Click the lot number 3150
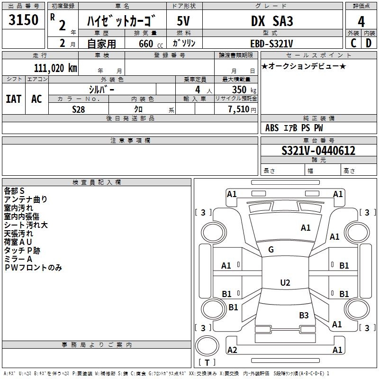23,19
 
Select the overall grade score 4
361,22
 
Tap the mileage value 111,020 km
55,68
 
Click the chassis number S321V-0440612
318,151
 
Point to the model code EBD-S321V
271,44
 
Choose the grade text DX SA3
272,21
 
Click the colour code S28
79,109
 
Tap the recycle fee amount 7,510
239,109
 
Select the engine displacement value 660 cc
151,44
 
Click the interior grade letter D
369,43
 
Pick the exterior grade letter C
353,43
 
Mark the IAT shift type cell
14,99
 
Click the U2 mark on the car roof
285,282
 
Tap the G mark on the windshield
271,250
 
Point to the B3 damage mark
304,315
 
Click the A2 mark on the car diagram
232,350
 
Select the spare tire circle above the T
207,345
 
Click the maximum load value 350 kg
244,90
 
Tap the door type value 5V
183,21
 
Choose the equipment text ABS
272,128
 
